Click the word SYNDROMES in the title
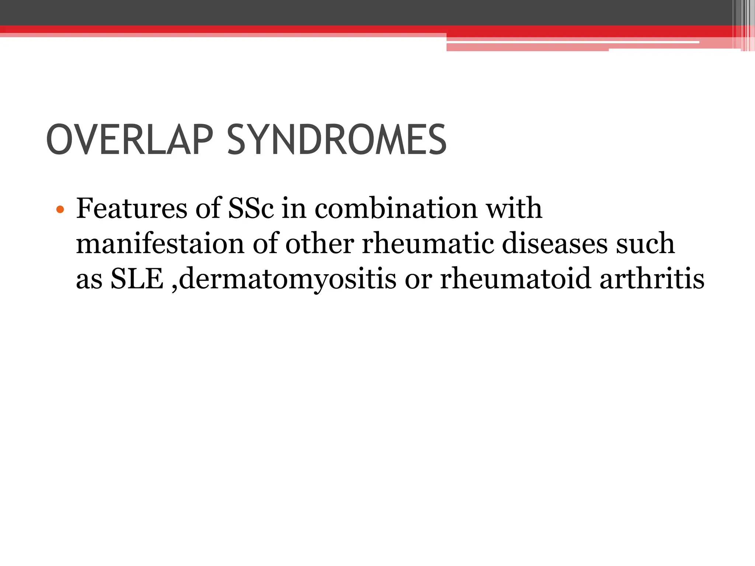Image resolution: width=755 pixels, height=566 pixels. [x=336, y=140]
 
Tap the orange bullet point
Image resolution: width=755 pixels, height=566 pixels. [x=60, y=210]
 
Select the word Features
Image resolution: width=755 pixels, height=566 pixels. [x=132, y=209]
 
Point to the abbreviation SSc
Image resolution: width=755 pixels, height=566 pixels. [x=251, y=209]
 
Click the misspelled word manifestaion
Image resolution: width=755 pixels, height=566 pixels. [x=160, y=244]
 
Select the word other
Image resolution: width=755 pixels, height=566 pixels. [x=319, y=244]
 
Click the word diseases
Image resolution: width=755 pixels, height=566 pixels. [x=554, y=244]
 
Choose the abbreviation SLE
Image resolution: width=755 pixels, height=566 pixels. [x=137, y=279]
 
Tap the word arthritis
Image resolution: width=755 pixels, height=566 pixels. [x=652, y=279]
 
